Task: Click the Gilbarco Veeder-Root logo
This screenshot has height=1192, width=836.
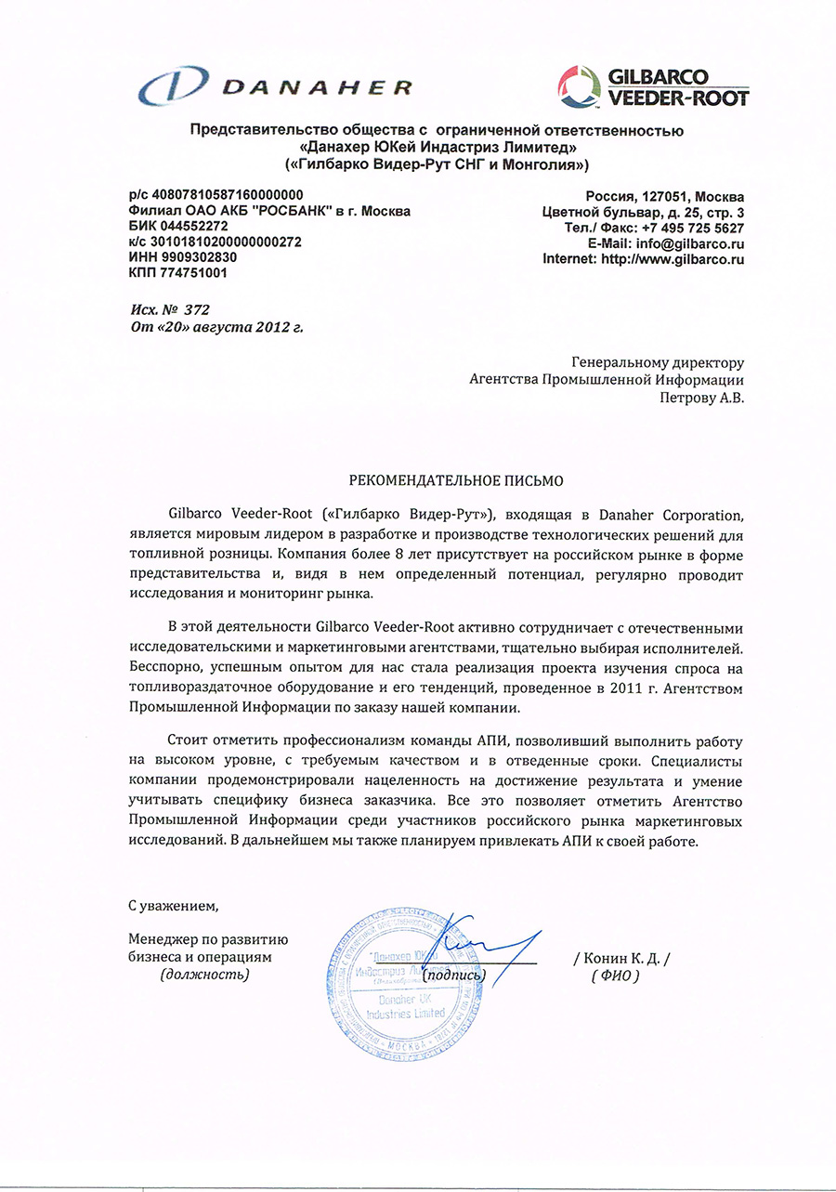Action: click(653, 85)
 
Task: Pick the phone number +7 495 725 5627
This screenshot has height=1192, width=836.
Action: click(693, 228)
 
